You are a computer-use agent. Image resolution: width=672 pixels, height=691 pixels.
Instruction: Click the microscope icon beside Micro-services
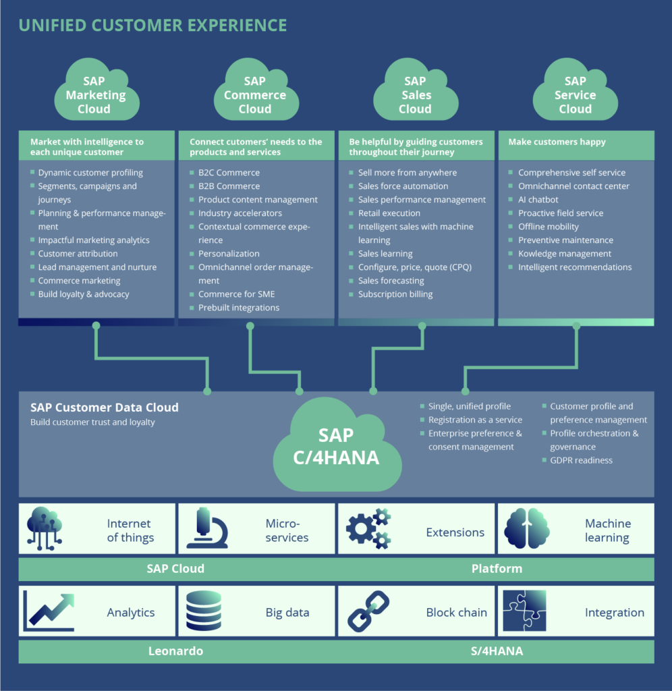click(207, 528)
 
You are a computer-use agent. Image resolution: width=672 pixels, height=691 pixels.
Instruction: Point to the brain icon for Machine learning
click(526, 528)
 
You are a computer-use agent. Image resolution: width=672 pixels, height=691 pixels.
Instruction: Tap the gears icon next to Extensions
click(368, 528)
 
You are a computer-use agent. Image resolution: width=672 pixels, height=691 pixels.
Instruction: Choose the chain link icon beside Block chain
click(368, 611)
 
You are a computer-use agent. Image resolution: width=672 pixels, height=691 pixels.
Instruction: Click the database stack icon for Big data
click(208, 611)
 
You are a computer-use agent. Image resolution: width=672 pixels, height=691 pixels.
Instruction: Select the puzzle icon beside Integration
click(524, 611)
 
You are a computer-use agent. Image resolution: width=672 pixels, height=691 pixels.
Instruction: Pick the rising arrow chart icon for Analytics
click(49, 611)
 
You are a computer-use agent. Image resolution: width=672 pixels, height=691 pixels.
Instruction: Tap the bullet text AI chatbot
click(538, 200)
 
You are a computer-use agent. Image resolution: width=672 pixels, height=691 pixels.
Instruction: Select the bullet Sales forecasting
click(391, 281)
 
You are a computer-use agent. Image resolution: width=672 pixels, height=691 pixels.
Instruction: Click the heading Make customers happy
click(557, 142)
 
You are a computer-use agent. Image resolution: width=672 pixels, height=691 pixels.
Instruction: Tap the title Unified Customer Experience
click(152, 26)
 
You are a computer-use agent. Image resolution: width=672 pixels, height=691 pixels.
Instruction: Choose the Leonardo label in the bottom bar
click(175, 651)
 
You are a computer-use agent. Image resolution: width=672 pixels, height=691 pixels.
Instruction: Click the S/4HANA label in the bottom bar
click(497, 651)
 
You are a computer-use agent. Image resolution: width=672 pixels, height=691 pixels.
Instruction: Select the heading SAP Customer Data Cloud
click(105, 408)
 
